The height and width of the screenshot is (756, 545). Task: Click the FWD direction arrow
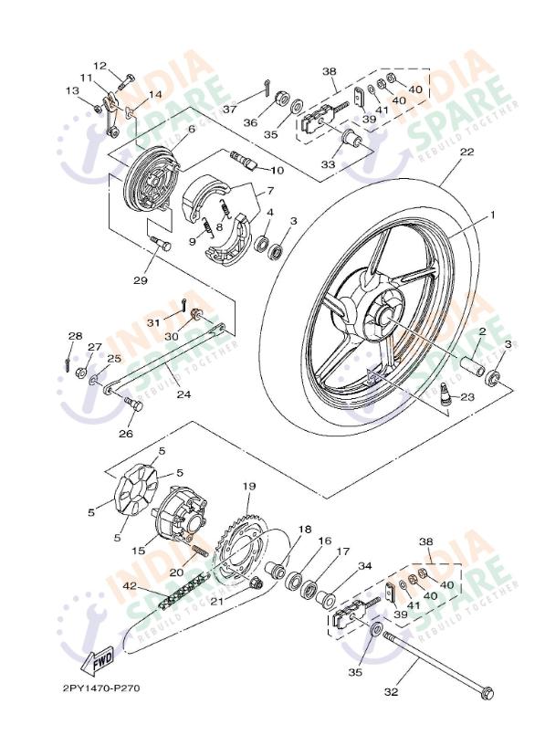pyautogui.click(x=100, y=656)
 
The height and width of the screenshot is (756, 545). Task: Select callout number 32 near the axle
pyautogui.click(x=391, y=692)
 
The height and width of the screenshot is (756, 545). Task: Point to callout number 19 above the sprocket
pyautogui.click(x=248, y=486)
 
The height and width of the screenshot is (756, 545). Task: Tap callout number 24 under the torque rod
pyautogui.click(x=183, y=395)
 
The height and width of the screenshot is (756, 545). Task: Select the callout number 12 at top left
pyautogui.click(x=100, y=65)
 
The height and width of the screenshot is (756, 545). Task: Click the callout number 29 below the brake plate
pyautogui.click(x=140, y=279)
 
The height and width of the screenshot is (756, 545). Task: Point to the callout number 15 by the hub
pyautogui.click(x=140, y=551)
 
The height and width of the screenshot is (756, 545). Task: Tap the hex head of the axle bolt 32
pyautogui.click(x=487, y=696)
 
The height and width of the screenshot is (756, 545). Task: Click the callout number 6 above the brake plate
pyautogui.click(x=192, y=130)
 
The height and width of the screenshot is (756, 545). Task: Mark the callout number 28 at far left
pyautogui.click(x=74, y=336)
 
